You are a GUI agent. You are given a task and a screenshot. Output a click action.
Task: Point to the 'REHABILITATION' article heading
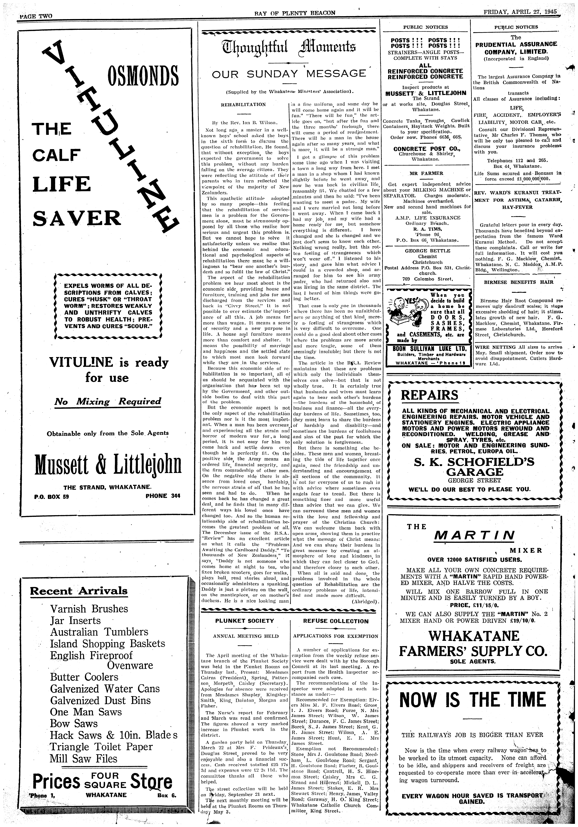[243, 104]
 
